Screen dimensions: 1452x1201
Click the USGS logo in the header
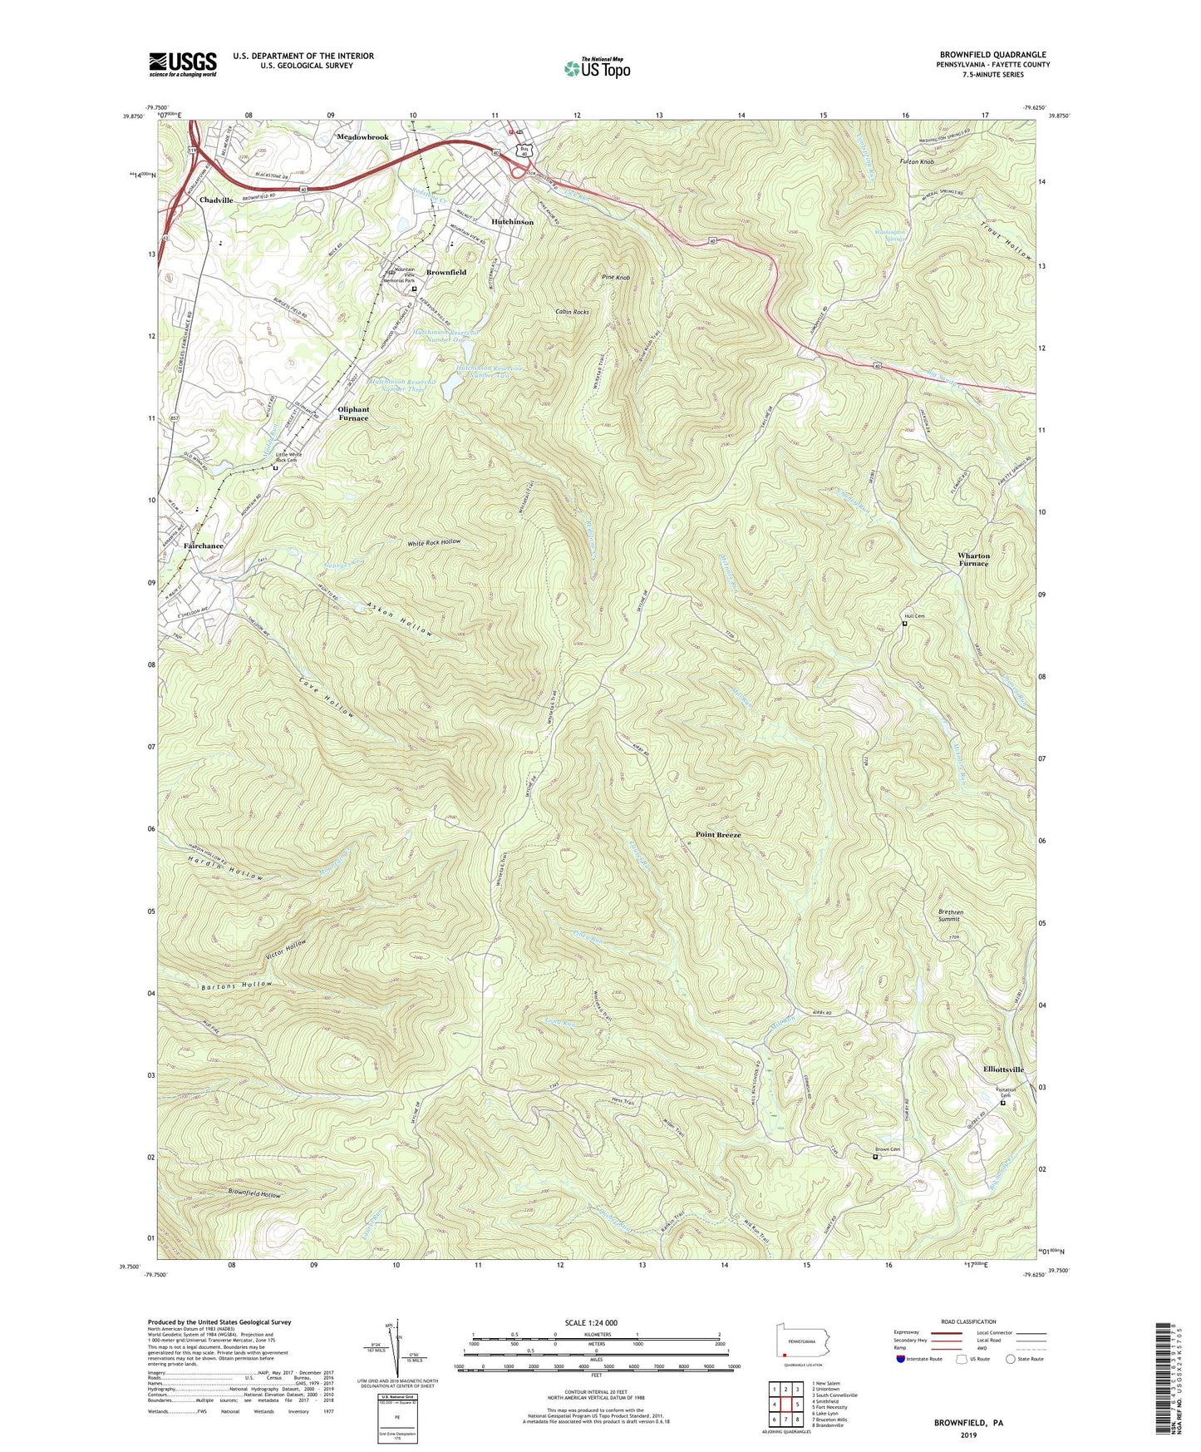pyautogui.click(x=183, y=64)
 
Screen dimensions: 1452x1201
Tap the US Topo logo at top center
pyautogui.click(x=597, y=68)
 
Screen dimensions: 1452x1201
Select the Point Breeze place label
pyautogui.click(x=717, y=834)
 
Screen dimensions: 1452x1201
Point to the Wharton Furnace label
pyautogui.click(x=973, y=560)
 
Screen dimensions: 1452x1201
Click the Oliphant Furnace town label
pyautogui.click(x=353, y=413)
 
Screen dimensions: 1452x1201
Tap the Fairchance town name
pyautogui.click(x=204, y=546)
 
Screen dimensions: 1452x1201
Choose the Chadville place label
pyautogui.click(x=216, y=200)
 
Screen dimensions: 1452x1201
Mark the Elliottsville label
pyautogui.click(x=1002, y=1069)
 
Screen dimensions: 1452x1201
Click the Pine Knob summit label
pyautogui.click(x=615, y=277)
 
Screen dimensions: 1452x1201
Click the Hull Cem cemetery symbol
pyautogui.click(x=904, y=624)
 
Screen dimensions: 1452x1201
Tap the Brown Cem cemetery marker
pyautogui.click(x=875, y=1156)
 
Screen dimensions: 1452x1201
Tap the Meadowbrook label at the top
pyautogui.click(x=362, y=136)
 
